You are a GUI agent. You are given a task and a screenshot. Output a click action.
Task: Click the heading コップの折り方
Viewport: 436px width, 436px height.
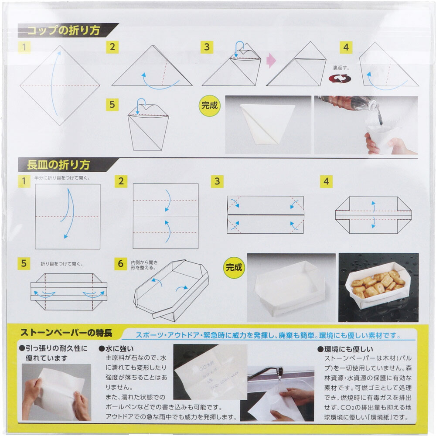[64, 31]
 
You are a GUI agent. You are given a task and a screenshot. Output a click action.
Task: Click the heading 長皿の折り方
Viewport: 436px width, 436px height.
[58, 165]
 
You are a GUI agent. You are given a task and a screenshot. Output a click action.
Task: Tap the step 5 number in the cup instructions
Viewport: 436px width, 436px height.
[112, 105]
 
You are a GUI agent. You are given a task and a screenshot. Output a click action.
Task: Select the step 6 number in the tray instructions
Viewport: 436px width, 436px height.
[121, 264]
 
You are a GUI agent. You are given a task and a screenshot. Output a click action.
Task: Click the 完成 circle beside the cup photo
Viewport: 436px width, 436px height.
[210, 106]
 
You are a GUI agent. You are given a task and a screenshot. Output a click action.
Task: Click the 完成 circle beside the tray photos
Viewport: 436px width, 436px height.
[234, 268]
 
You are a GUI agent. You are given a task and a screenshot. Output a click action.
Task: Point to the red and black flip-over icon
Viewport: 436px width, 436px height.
[340, 78]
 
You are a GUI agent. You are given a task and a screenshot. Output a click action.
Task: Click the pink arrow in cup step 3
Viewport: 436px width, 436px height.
[271, 60]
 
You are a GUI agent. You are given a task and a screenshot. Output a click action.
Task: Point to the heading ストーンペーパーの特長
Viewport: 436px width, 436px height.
[66, 333]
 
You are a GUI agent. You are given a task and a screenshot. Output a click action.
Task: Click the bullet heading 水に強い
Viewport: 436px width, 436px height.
[116, 349]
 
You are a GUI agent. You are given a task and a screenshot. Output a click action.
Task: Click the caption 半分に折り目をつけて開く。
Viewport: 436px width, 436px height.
[62, 178]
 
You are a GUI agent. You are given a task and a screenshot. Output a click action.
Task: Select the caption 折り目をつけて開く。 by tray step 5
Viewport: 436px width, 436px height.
[62, 264]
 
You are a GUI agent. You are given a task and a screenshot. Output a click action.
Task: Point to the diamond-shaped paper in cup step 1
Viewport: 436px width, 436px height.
[60, 85]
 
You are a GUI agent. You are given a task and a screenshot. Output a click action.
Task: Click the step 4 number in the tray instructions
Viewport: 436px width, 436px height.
[326, 181]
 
